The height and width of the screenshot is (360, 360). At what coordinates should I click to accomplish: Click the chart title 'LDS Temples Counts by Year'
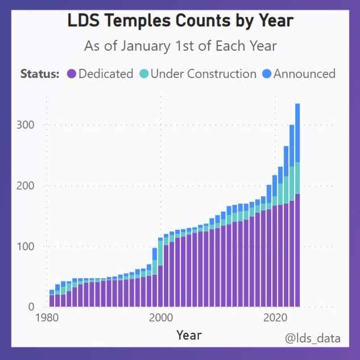[180, 21]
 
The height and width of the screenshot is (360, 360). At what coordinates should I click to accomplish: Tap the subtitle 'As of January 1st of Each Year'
[180, 46]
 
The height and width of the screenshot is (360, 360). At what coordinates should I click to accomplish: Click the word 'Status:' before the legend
[40, 74]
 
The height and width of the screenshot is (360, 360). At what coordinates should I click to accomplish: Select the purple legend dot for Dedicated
[72, 74]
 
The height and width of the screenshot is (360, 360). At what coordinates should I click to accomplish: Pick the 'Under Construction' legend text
[204, 74]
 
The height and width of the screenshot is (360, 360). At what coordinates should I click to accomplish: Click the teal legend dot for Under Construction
[144, 74]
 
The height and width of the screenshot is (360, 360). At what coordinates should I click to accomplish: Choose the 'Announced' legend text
[304, 74]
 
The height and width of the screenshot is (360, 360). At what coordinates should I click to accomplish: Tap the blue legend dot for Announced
[267, 74]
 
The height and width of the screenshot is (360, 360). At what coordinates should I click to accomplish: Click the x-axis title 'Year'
[189, 335]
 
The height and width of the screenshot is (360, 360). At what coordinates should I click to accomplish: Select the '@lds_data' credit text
[313, 338]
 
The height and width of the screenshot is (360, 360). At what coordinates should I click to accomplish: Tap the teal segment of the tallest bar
[297, 178]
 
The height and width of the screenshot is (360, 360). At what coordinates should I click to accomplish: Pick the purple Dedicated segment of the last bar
[297, 250]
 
